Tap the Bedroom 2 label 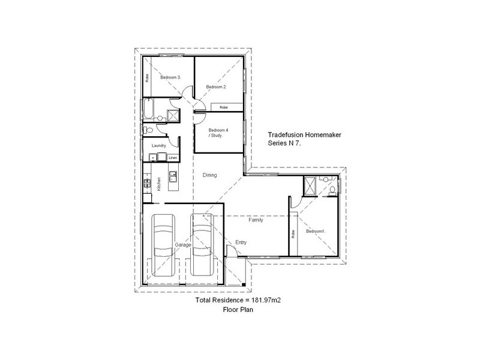pos(216,87)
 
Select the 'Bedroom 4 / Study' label pos(217,133)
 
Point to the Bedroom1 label pos(316,231)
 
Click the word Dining pos(209,175)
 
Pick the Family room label pos(256,220)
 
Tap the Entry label pos(241,242)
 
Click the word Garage pos(182,245)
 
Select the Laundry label pos(158,146)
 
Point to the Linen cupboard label pos(173,158)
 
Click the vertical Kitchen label pos(158,184)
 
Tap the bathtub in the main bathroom pos(148,110)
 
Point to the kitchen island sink pos(173,176)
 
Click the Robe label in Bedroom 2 pos(223,107)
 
